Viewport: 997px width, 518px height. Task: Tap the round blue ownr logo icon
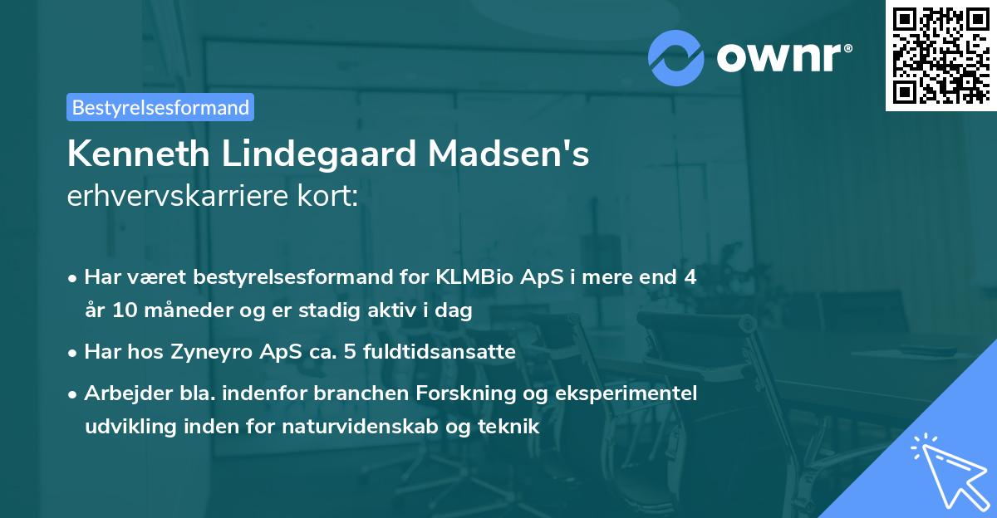click(x=675, y=57)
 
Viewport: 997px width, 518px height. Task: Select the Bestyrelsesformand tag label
click(x=160, y=107)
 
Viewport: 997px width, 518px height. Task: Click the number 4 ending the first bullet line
click(x=690, y=278)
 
